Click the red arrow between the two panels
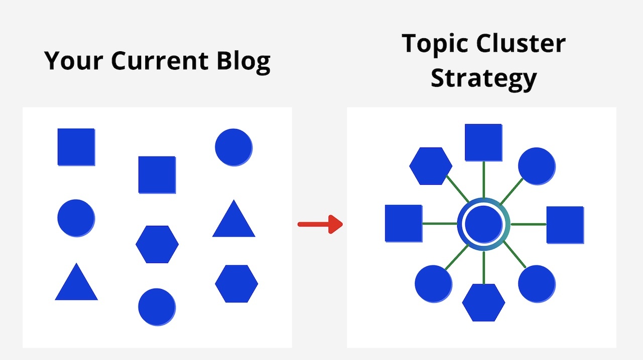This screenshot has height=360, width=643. pyautogui.click(x=320, y=224)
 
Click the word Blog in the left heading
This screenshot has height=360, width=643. pyautogui.click(x=244, y=62)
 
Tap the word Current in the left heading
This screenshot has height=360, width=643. pyautogui.click(x=160, y=61)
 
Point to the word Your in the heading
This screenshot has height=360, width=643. pyautogui.click(x=73, y=61)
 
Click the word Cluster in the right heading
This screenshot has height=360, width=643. pyautogui.click(x=521, y=43)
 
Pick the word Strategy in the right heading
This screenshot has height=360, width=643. pyautogui.click(x=484, y=79)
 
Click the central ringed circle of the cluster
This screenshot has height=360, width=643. pyautogui.click(x=484, y=224)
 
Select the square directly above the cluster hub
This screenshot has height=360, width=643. pyautogui.click(x=484, y=143)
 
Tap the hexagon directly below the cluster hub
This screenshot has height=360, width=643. pyautogui.click(x=484, y=303)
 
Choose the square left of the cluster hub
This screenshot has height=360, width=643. pyautogui.click(x=403, y=223)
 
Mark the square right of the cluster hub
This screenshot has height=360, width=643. pyautogui.click(x=565, y=225)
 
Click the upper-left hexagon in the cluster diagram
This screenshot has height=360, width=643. pyautogui.click(x=431, y=166)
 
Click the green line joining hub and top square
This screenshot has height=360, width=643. pyautogui.click(x=484, y=180)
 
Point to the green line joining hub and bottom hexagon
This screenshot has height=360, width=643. pyautogui.click(x=484, y=268)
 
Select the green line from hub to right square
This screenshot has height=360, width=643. pyautogui.click(x=528, y=224)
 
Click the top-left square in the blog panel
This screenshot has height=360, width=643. pyautogui.click(x=76, y=147)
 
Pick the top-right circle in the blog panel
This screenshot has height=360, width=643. pyautogui.click(x=234, y=148)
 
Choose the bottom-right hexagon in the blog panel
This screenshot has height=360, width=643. pyautogui.click(x=237, y=284)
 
